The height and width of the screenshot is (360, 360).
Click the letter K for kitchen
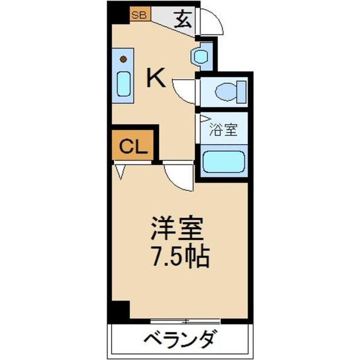pos(157,78)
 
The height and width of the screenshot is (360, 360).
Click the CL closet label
pos(133,146)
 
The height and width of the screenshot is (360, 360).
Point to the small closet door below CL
pos(121,172)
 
